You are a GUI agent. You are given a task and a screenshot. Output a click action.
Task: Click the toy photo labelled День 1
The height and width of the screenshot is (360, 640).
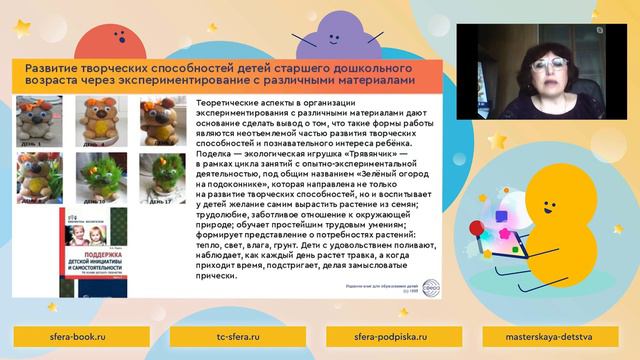click(x=40, y=120)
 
